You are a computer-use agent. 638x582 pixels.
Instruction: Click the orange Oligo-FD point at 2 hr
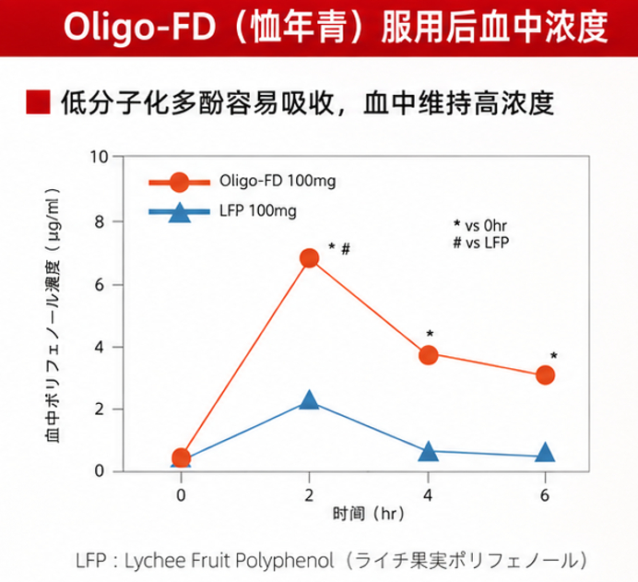(309, 258)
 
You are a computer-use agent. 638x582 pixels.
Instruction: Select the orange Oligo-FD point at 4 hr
(428, 355)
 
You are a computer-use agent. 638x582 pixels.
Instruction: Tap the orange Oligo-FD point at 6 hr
(545, 374)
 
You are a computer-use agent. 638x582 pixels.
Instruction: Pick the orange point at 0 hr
(182, 457)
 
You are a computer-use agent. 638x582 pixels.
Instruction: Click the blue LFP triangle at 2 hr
(309, 399)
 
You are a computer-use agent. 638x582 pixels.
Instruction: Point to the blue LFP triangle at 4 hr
(428, 451)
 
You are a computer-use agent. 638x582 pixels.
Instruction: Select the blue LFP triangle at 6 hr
(545, 452)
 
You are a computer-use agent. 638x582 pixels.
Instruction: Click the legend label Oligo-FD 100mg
(278, 181)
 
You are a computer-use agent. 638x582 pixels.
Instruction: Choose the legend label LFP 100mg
(258, 211)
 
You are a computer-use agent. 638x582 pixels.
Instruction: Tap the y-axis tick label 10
(100, 157)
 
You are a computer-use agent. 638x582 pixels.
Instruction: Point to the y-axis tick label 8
(100, 221)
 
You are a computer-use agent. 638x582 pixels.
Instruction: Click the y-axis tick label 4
(100, 347)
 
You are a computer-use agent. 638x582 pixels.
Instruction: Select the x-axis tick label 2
(309, 495)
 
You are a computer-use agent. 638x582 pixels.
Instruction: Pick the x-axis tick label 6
(545, 495)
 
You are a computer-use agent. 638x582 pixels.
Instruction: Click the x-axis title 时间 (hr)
(369, 514)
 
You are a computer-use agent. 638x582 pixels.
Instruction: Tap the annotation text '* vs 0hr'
(480, 225)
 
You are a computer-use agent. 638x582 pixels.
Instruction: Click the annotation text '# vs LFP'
(481, 243)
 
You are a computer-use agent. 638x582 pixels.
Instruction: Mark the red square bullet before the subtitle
(38, 101)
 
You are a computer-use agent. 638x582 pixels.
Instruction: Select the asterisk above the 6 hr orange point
(554, 356)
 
